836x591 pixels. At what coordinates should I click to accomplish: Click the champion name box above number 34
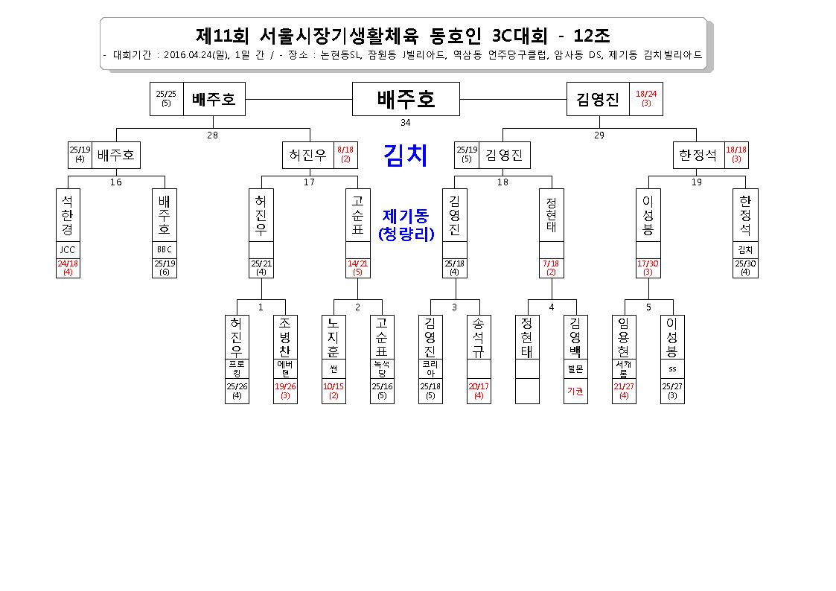(x=406, y=99)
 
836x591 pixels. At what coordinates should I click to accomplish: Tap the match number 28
(x=212, y=135)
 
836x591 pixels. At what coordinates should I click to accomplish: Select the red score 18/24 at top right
(x=646, y=94)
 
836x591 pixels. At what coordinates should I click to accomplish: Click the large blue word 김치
(x=406, y=155)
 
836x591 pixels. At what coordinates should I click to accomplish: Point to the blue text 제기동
(x=406, y=216)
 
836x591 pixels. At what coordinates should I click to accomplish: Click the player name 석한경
(x=68, y=215)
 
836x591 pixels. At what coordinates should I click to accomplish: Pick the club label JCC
(x=68, y=249)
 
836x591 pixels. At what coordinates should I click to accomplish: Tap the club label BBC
(x=165, y=249)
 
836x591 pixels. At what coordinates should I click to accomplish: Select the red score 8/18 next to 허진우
(x=345, y=150)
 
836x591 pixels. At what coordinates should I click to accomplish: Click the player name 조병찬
(x=285, y=337)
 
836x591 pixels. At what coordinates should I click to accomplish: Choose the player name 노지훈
(x=334, y=337)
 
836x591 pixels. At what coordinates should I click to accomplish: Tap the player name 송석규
(x=478, y=337)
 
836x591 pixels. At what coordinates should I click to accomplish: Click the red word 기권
(x=575, y=392)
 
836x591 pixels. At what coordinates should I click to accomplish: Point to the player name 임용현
(x=624, y=337)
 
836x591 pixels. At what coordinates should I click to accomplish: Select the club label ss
(x=672, y=368)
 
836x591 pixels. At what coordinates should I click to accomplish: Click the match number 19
(x=696, y=182)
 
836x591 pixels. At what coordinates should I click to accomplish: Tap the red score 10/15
(x=334, y=386)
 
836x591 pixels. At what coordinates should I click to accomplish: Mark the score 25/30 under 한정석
(x=745, y=263)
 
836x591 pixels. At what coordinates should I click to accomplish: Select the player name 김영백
(x=575, y=337)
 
